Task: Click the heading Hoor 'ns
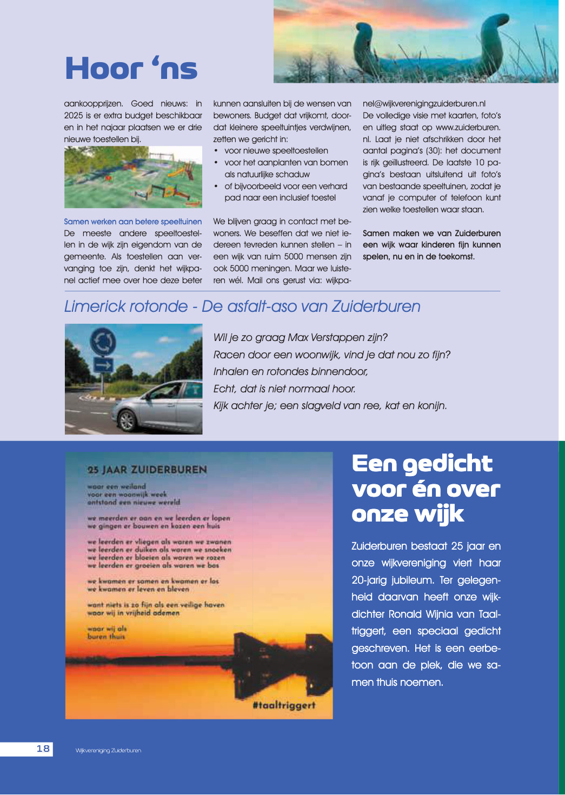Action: [131, 69]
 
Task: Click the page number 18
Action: [43, 749]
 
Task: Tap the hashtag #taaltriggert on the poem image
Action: [284, 705]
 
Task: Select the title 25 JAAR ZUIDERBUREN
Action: [147, 470]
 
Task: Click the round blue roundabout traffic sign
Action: [103, 342]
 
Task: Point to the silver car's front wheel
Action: [128, 420]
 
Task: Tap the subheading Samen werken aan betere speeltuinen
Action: [132, 222]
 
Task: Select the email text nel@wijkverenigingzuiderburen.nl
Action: [424, 104]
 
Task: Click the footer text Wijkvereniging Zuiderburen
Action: [108, 751]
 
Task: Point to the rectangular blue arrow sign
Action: [103, 365]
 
